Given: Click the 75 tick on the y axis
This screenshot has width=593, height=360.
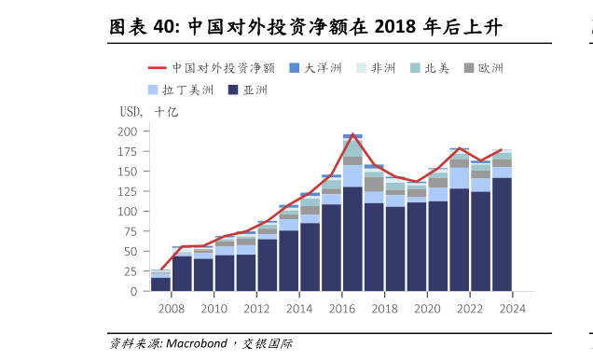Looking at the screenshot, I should (131, 231).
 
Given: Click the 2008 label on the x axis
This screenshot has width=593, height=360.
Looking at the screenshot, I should (171, 309).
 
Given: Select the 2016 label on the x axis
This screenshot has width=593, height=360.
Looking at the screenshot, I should (341, 309).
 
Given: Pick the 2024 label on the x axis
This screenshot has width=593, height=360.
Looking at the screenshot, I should (512, 309).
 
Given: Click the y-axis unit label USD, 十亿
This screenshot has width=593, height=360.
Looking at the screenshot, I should (147, 112).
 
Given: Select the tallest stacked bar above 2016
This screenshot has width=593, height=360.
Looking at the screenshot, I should (352, 215).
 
